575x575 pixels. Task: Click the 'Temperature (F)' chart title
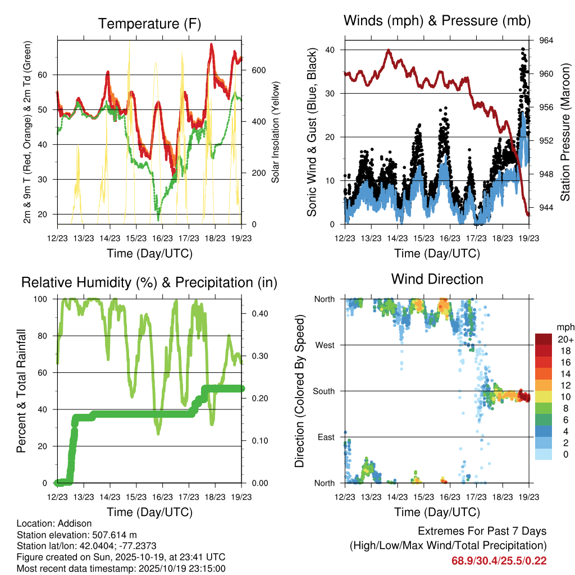point(149,24)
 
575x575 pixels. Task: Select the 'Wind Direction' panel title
point(437,279)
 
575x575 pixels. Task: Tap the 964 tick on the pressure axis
point(546,40)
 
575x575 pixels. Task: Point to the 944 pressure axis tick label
point(546,207)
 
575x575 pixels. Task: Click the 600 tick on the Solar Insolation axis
point(258,70)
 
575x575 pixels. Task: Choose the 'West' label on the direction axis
point(325,345)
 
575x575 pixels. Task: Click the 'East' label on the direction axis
point(326,437)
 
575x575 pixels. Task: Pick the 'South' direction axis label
point(323,391)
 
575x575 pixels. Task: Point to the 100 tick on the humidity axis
point(47,299)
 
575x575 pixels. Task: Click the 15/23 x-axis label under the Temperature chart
point(136,238)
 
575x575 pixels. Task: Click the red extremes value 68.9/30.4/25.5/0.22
point(499,561)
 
